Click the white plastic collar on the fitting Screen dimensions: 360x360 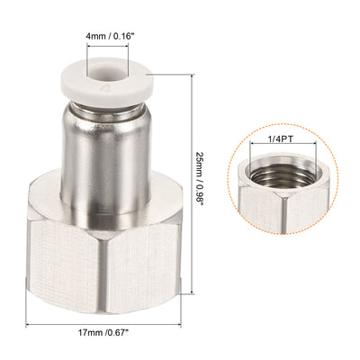[108, 90]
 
